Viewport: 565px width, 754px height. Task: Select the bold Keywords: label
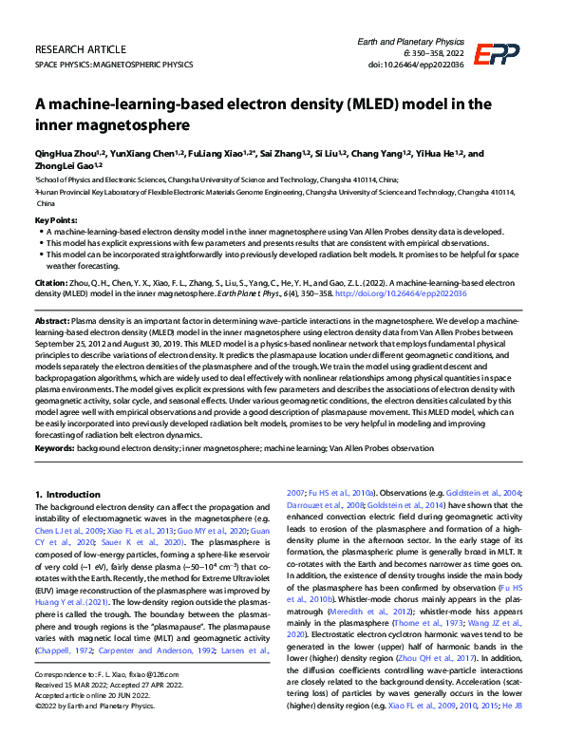(x=55, y=446)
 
